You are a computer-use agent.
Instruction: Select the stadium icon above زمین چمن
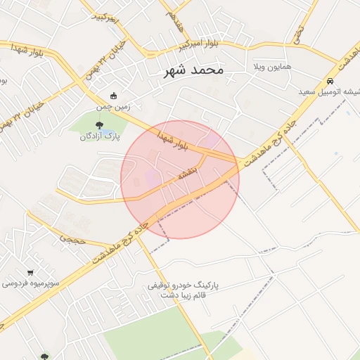pyautogui.click(x=114, y=96)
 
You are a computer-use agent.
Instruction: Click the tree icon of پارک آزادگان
pyautogui.click(x=98, y=125)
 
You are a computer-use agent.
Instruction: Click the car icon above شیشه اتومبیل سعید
pyautogui.click(x=330, y=80)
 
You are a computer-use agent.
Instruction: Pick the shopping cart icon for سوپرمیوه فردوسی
pyautogui.click(x=30, y=272)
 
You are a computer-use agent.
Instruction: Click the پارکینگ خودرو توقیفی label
pyautogui.click(x=184, y=286)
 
